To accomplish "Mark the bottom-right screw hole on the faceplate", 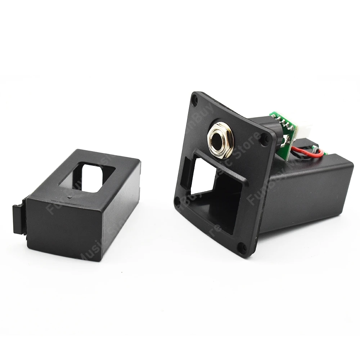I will (241, 247).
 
